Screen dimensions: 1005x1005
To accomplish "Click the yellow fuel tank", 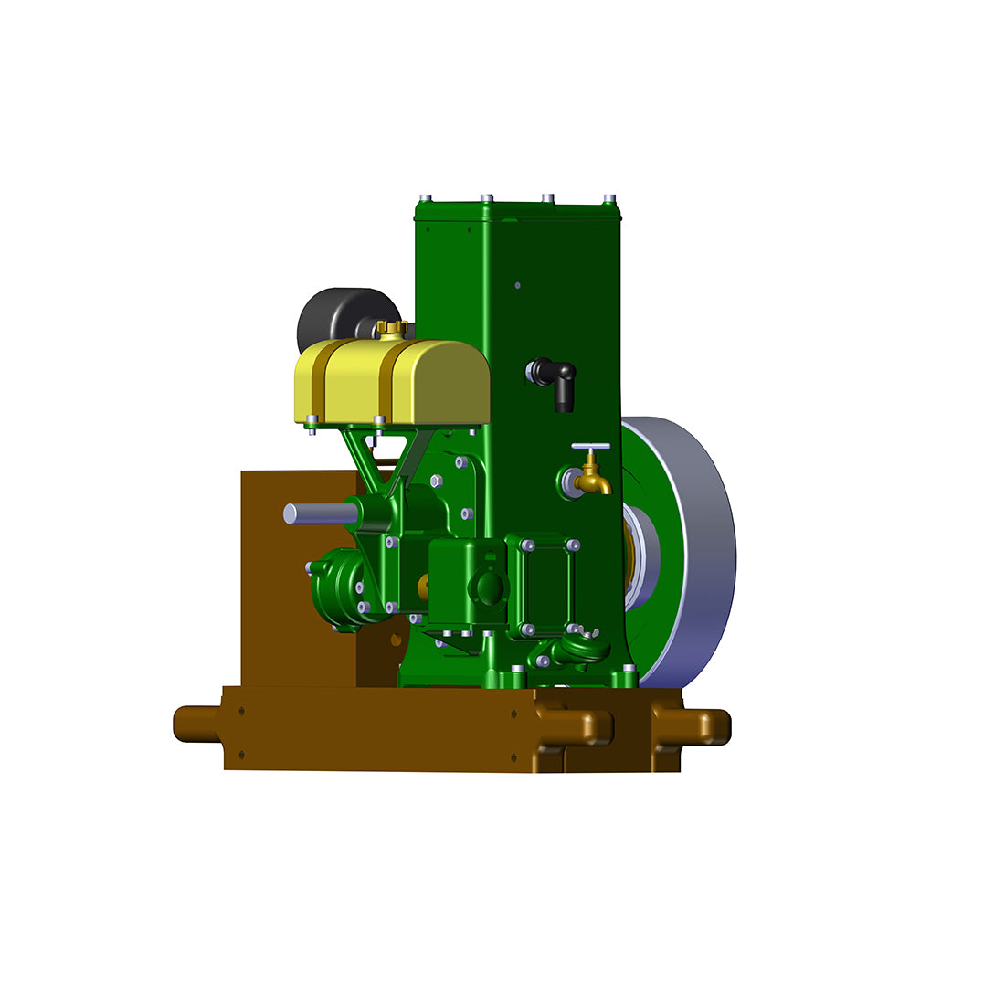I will pos(393,382).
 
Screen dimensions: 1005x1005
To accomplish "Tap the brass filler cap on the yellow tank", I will pos(391,328).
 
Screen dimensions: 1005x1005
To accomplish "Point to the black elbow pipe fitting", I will pos(555,376).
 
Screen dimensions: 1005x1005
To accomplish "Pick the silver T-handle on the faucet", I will pos(590,448).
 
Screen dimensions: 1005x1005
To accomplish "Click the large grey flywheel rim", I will pos(703,548).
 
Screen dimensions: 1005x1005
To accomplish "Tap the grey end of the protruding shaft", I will pos(291,513).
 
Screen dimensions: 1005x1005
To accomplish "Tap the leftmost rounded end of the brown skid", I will pos(187,724).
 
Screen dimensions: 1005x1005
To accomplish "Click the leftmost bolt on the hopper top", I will pos(425,198).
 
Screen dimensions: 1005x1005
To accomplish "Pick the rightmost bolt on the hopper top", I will pos(609,198).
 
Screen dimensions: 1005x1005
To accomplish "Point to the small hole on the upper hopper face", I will pos(517,285).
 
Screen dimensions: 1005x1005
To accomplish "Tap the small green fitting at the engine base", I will pos(576,651).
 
